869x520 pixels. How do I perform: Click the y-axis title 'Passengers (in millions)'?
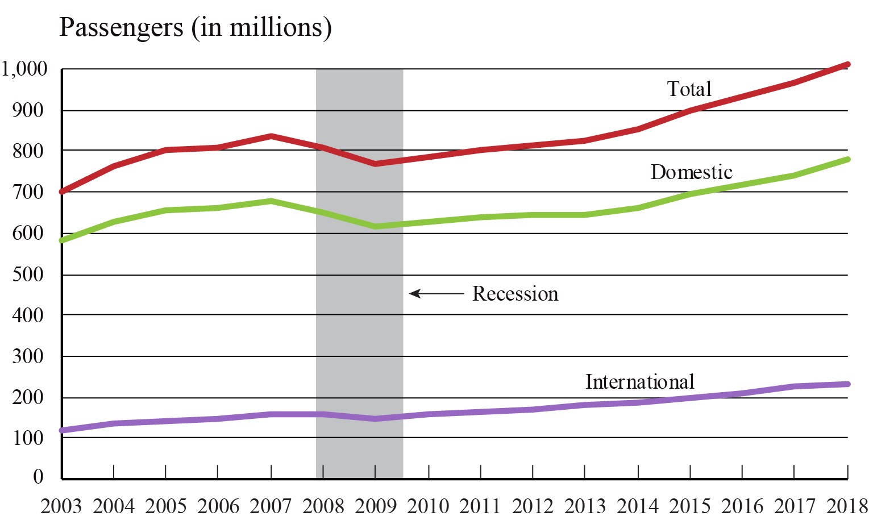pyautogui.click(x=195, y=27)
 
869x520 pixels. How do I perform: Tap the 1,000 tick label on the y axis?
pyautogui.click(x=24, y=69)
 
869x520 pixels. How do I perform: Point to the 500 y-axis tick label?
pyautogui.click(x=28, y=274)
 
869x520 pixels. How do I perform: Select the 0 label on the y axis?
pyautogui.click(x=38, y=476)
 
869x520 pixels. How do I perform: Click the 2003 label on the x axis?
pyautogui.click(x=61, y=505)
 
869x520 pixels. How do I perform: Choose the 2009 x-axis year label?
pyautogui.click(x=376, y=505)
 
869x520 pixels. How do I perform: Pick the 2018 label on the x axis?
pyautogui.click(x=847, y=505)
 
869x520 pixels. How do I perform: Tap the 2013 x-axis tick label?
pyautogui.click(x=585, y=505)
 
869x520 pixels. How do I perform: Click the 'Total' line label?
pyautogui.click(x=689, y=89)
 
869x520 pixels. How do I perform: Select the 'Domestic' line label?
pyautogui.click(x=691, y=172)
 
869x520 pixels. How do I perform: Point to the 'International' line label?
pyautogui.click(x=640, y=381)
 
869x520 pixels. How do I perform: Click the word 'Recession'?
pyautogui.click(x=515, y=294)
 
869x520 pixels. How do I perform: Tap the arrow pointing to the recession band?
pyautogui.click(x=436, y=294)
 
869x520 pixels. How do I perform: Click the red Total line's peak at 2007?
pyautogui.click(x=272, y=136)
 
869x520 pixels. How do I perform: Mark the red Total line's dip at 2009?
pyautogui.click(x=376, y=164)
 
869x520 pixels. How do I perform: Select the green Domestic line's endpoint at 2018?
pyautogui.click(x=847, y=159)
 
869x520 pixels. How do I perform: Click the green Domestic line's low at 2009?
pyautogui.click(x=376, y=226)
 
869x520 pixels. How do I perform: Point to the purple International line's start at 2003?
pyautogui.click(x=62, y=430)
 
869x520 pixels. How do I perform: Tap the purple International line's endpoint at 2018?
pyautogui.click(x=847, y=384)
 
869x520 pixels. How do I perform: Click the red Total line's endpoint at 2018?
pyautogui.click(x=847, y=65)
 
